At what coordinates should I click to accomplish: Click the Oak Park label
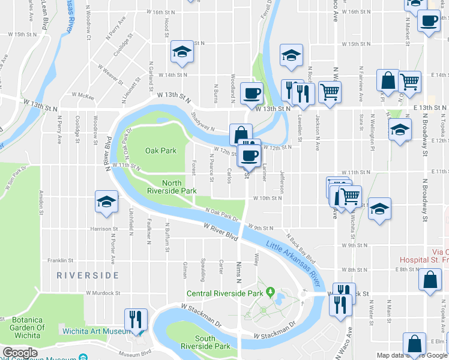tap(161, 151)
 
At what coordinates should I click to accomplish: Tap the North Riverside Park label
tap(172, 187)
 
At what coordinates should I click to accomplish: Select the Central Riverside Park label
tap(225, 294)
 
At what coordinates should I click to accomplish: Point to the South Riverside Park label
tap(205, 343)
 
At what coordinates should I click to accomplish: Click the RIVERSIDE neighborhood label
tap(88, 275)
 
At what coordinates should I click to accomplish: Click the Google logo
tap(20, 353)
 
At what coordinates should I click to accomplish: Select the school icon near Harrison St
tap(106, 202)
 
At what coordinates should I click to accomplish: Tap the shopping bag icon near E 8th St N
tap(432, 280)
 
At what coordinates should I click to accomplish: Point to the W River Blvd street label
tap(221, 232)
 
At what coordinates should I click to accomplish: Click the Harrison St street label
tap(103, 229)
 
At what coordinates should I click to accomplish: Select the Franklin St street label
tap(61, 261)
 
